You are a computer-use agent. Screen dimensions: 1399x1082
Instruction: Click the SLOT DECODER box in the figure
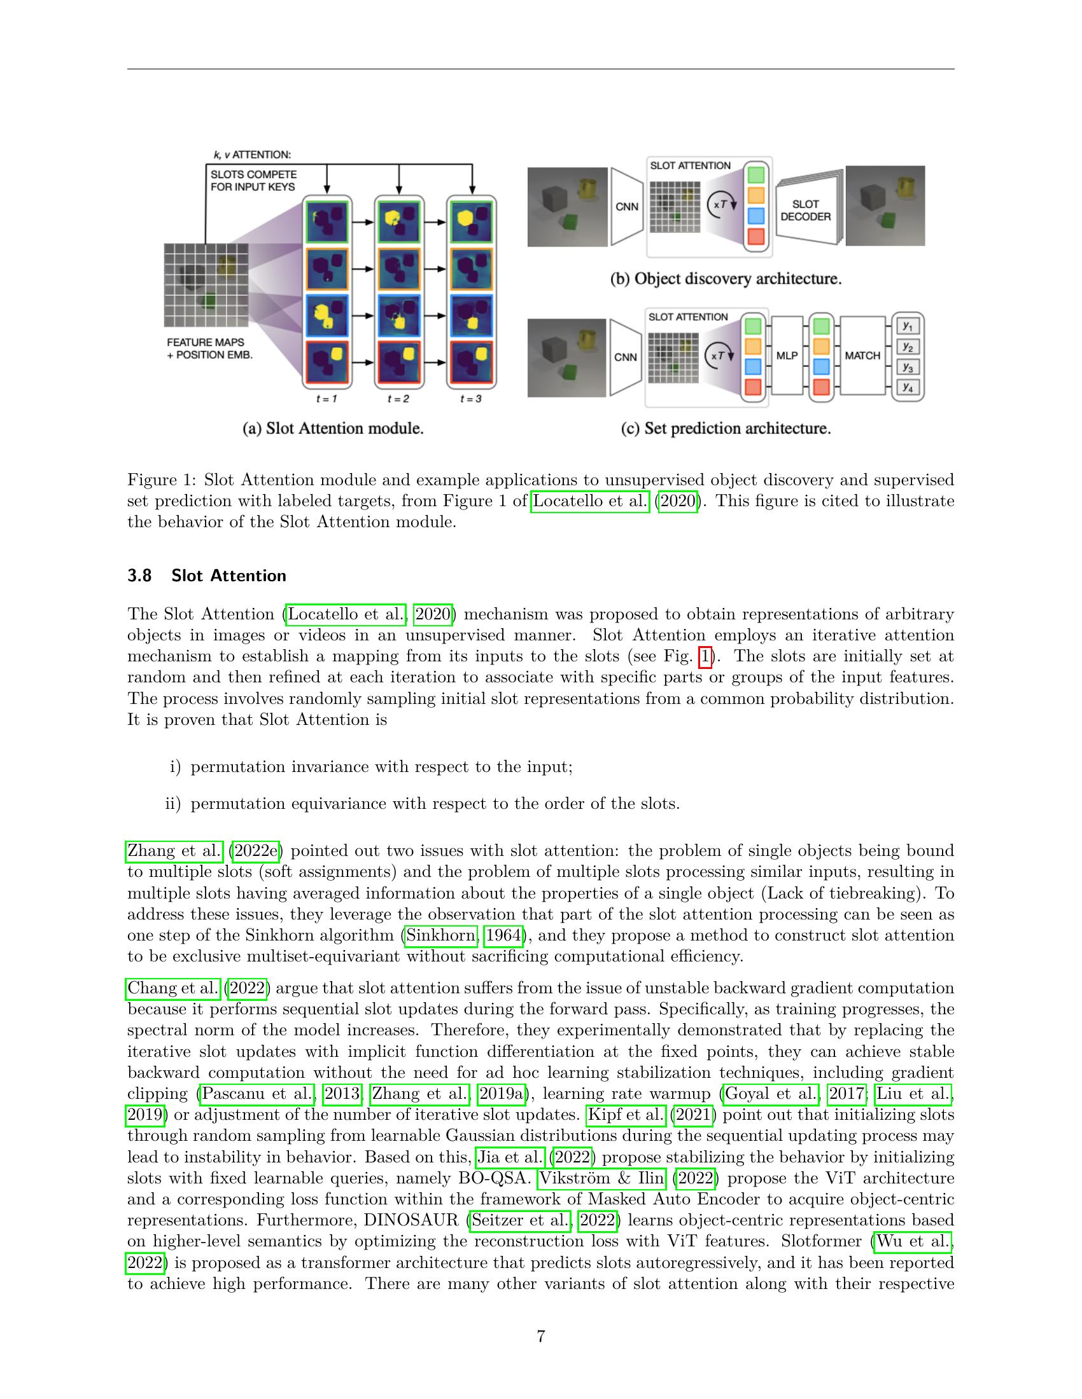point(805,210)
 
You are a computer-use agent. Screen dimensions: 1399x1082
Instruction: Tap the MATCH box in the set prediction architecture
point(862,355)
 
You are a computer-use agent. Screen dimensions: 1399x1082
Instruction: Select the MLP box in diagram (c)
point(787,355)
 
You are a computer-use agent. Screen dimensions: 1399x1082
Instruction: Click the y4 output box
point(907,387)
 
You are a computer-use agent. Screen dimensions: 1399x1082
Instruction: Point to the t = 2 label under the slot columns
point(398,399)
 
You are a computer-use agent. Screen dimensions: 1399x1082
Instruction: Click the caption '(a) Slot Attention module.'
point(333,429)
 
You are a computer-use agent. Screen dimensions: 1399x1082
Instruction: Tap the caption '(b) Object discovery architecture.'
point(726,279)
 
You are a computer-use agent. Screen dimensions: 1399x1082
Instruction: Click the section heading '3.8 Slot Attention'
point(206,575)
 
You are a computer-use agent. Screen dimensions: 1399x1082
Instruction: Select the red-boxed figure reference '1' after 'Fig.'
point(705,657)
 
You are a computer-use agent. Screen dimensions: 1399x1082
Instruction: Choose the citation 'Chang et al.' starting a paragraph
point(173,988)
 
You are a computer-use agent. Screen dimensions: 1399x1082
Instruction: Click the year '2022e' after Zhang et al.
point(256,851)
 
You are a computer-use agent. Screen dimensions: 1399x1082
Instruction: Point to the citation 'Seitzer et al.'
point(520,1220)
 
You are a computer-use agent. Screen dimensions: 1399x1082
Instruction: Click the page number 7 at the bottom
point(540,1336)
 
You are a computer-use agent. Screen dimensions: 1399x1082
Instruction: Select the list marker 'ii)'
point(173,803)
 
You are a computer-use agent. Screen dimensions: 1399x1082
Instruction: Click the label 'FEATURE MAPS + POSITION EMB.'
point(209,348)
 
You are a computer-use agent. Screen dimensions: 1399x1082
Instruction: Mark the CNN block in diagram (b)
point(626,207)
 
